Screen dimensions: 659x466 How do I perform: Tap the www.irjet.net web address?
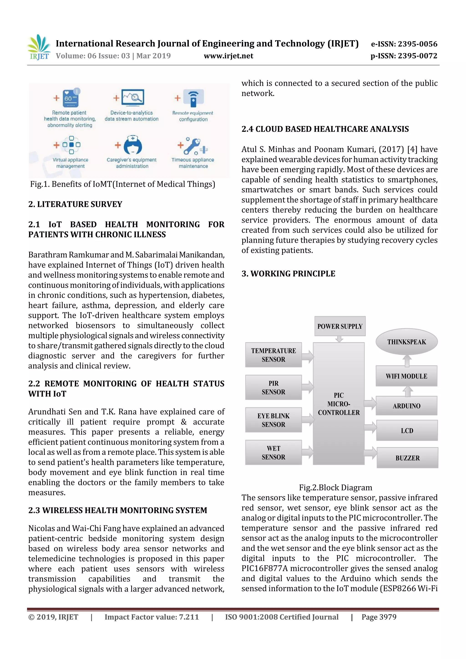pos(228,56)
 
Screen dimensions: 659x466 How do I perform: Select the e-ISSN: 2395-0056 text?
pos(404,44)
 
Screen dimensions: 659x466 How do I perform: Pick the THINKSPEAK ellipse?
pos(406,341)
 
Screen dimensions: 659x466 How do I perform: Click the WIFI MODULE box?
pos(406,376)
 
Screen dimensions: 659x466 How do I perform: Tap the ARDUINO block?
pos(406,406)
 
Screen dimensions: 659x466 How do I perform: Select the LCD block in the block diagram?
pos(407,431)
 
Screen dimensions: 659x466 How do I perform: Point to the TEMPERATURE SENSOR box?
pos(273,355)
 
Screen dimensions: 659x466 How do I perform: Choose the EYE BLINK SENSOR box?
pos(273,420)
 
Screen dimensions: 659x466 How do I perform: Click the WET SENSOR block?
pos(273,453)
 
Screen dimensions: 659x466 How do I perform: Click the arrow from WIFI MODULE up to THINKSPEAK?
pos(407,361)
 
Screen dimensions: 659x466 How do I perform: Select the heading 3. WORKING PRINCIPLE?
pos(288,273)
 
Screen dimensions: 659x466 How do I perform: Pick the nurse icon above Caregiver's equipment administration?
pos(133,145)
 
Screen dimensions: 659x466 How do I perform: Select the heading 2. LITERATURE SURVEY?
pos(75,204)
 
